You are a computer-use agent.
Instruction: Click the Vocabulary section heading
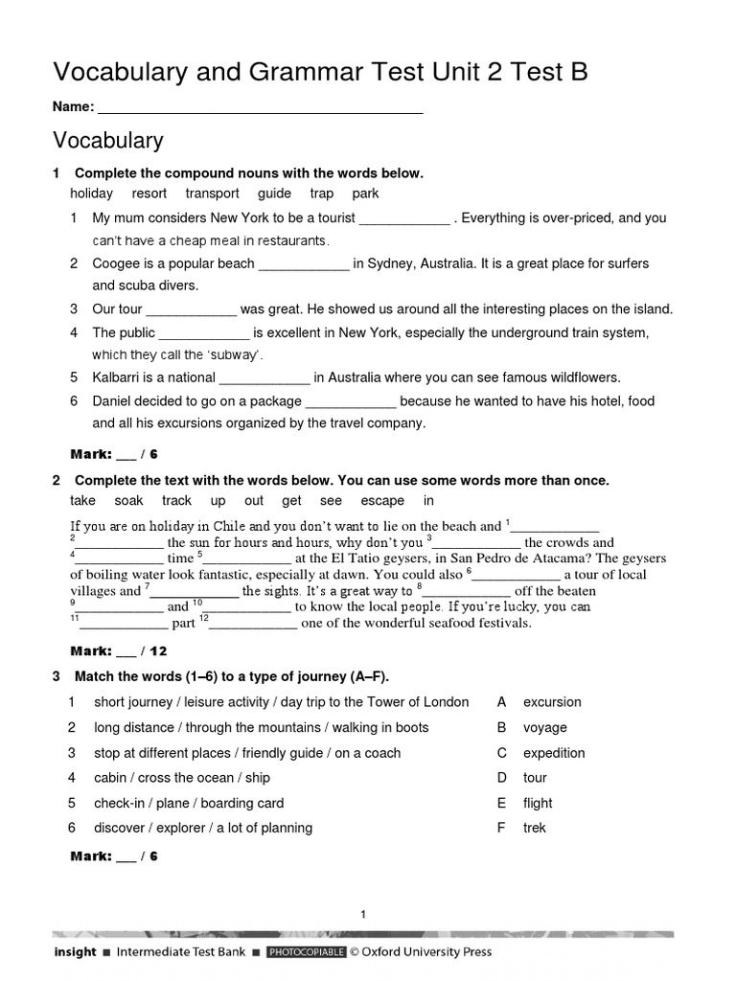tap(107, 141)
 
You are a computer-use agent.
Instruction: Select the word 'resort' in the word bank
tap(149, 194)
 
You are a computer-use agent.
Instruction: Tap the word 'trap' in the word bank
tap(321, 194)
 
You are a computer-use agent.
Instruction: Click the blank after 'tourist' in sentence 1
tap(403, 219)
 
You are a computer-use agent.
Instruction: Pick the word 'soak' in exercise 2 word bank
tap(129, 501)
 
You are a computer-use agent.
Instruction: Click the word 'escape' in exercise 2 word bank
tap(382, 501)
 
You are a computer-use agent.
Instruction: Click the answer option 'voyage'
tap(544, 727)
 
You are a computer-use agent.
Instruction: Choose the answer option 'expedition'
tap(554, 753)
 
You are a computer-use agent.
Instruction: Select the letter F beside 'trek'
tap(500, 828)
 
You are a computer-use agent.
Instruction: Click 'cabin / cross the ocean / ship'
tap(182, 778)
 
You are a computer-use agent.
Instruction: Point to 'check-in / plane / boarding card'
tap(189, 803)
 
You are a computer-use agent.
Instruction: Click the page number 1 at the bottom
tap(364, 915)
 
